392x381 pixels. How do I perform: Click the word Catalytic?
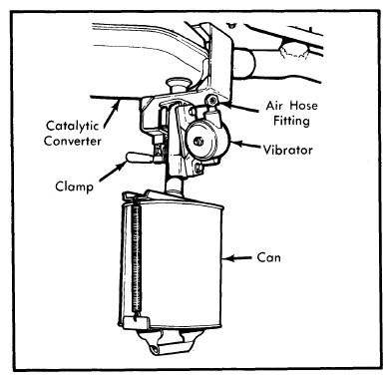[x=73, y=127]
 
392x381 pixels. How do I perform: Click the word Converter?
[x=73, y=141]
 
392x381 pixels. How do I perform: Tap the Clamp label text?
[x=74, y=187]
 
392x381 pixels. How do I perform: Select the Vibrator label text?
[x=288, y=151]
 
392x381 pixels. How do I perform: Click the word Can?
[x=268, y=257]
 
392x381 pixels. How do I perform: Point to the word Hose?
[x=303, y=106]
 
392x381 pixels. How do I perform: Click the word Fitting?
[x=291, y=121]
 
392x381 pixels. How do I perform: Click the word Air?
[x=274, y=106]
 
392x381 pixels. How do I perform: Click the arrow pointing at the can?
[x=237, y=258]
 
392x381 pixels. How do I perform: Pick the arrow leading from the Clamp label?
[x=114, y=171]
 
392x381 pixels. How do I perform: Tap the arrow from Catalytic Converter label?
[x=112, y=115]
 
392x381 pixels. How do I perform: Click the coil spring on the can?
[x=137, y=259]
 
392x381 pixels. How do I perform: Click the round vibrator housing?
[x=207, y=140]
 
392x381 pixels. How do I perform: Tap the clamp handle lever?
[x=140, y=158]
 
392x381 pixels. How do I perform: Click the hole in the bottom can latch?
[x=155, y=349]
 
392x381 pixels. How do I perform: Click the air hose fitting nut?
[x=211, y=99]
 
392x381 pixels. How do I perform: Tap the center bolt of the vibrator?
[x=198, y=141]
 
